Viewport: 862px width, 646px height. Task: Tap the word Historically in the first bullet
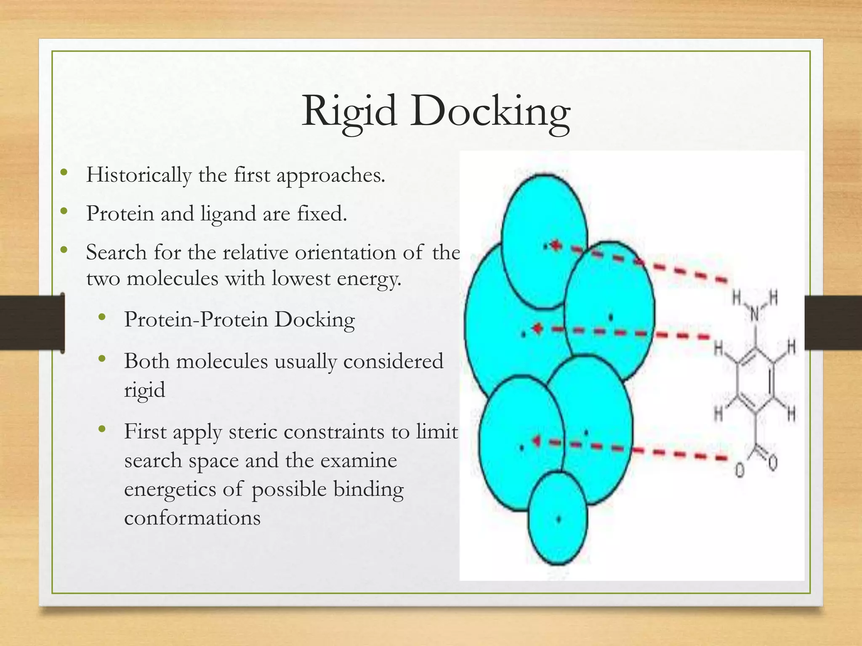click(138, 175)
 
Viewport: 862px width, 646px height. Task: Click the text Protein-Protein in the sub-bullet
click(196, 319)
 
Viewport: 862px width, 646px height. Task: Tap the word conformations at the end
click(192, 517)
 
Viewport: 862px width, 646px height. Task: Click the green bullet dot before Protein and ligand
click(64, 211)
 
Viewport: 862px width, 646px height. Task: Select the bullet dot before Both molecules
click(101, 359)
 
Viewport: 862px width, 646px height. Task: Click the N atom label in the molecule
click(755, 314)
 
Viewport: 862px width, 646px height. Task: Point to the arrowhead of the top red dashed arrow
click(556, 245)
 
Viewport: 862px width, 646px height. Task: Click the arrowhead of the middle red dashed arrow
click(537, 328)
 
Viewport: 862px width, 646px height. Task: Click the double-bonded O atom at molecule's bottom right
click(773, 463)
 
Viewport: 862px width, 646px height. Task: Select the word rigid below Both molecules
click(144, 390)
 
